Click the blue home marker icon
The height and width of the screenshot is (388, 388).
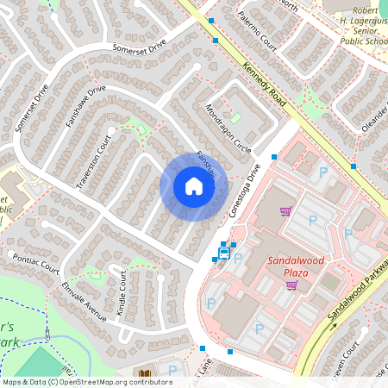point(194,186)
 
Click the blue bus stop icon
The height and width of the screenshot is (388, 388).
point(224,253)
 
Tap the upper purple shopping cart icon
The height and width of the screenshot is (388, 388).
point(285,210)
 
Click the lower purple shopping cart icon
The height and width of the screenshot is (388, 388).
point(291,285)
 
